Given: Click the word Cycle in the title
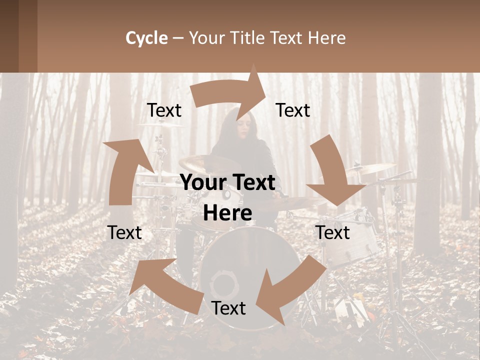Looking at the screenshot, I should click(x=146, y=38).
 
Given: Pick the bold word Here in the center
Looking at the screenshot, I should click(x=227, y=213).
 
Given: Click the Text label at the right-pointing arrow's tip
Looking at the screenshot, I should click(x=293, y=110).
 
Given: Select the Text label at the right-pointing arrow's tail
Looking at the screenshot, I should click(x=164, y=110).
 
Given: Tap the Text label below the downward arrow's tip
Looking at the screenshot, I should click(x=333, y=232).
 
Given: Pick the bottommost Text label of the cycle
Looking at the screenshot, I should click(x=228, y=308).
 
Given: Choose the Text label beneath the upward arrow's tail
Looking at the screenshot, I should click(x=124, y=232).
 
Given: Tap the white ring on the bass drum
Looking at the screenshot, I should click(x=224, y=285).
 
